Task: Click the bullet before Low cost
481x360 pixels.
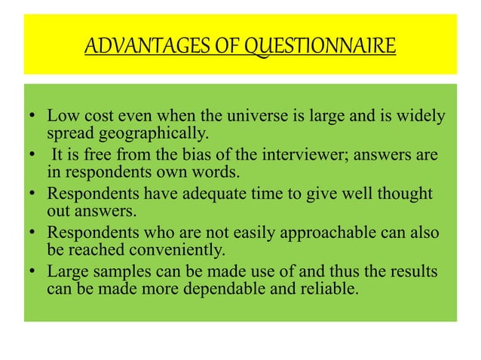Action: [x=30, y=118]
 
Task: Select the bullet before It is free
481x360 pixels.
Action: [x=30, y=155]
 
